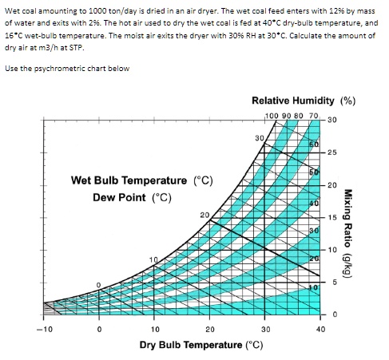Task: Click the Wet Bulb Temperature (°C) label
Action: pos(141,180)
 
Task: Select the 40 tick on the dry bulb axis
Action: pos(320,328)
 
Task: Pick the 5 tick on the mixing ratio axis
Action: pos(331,282)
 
